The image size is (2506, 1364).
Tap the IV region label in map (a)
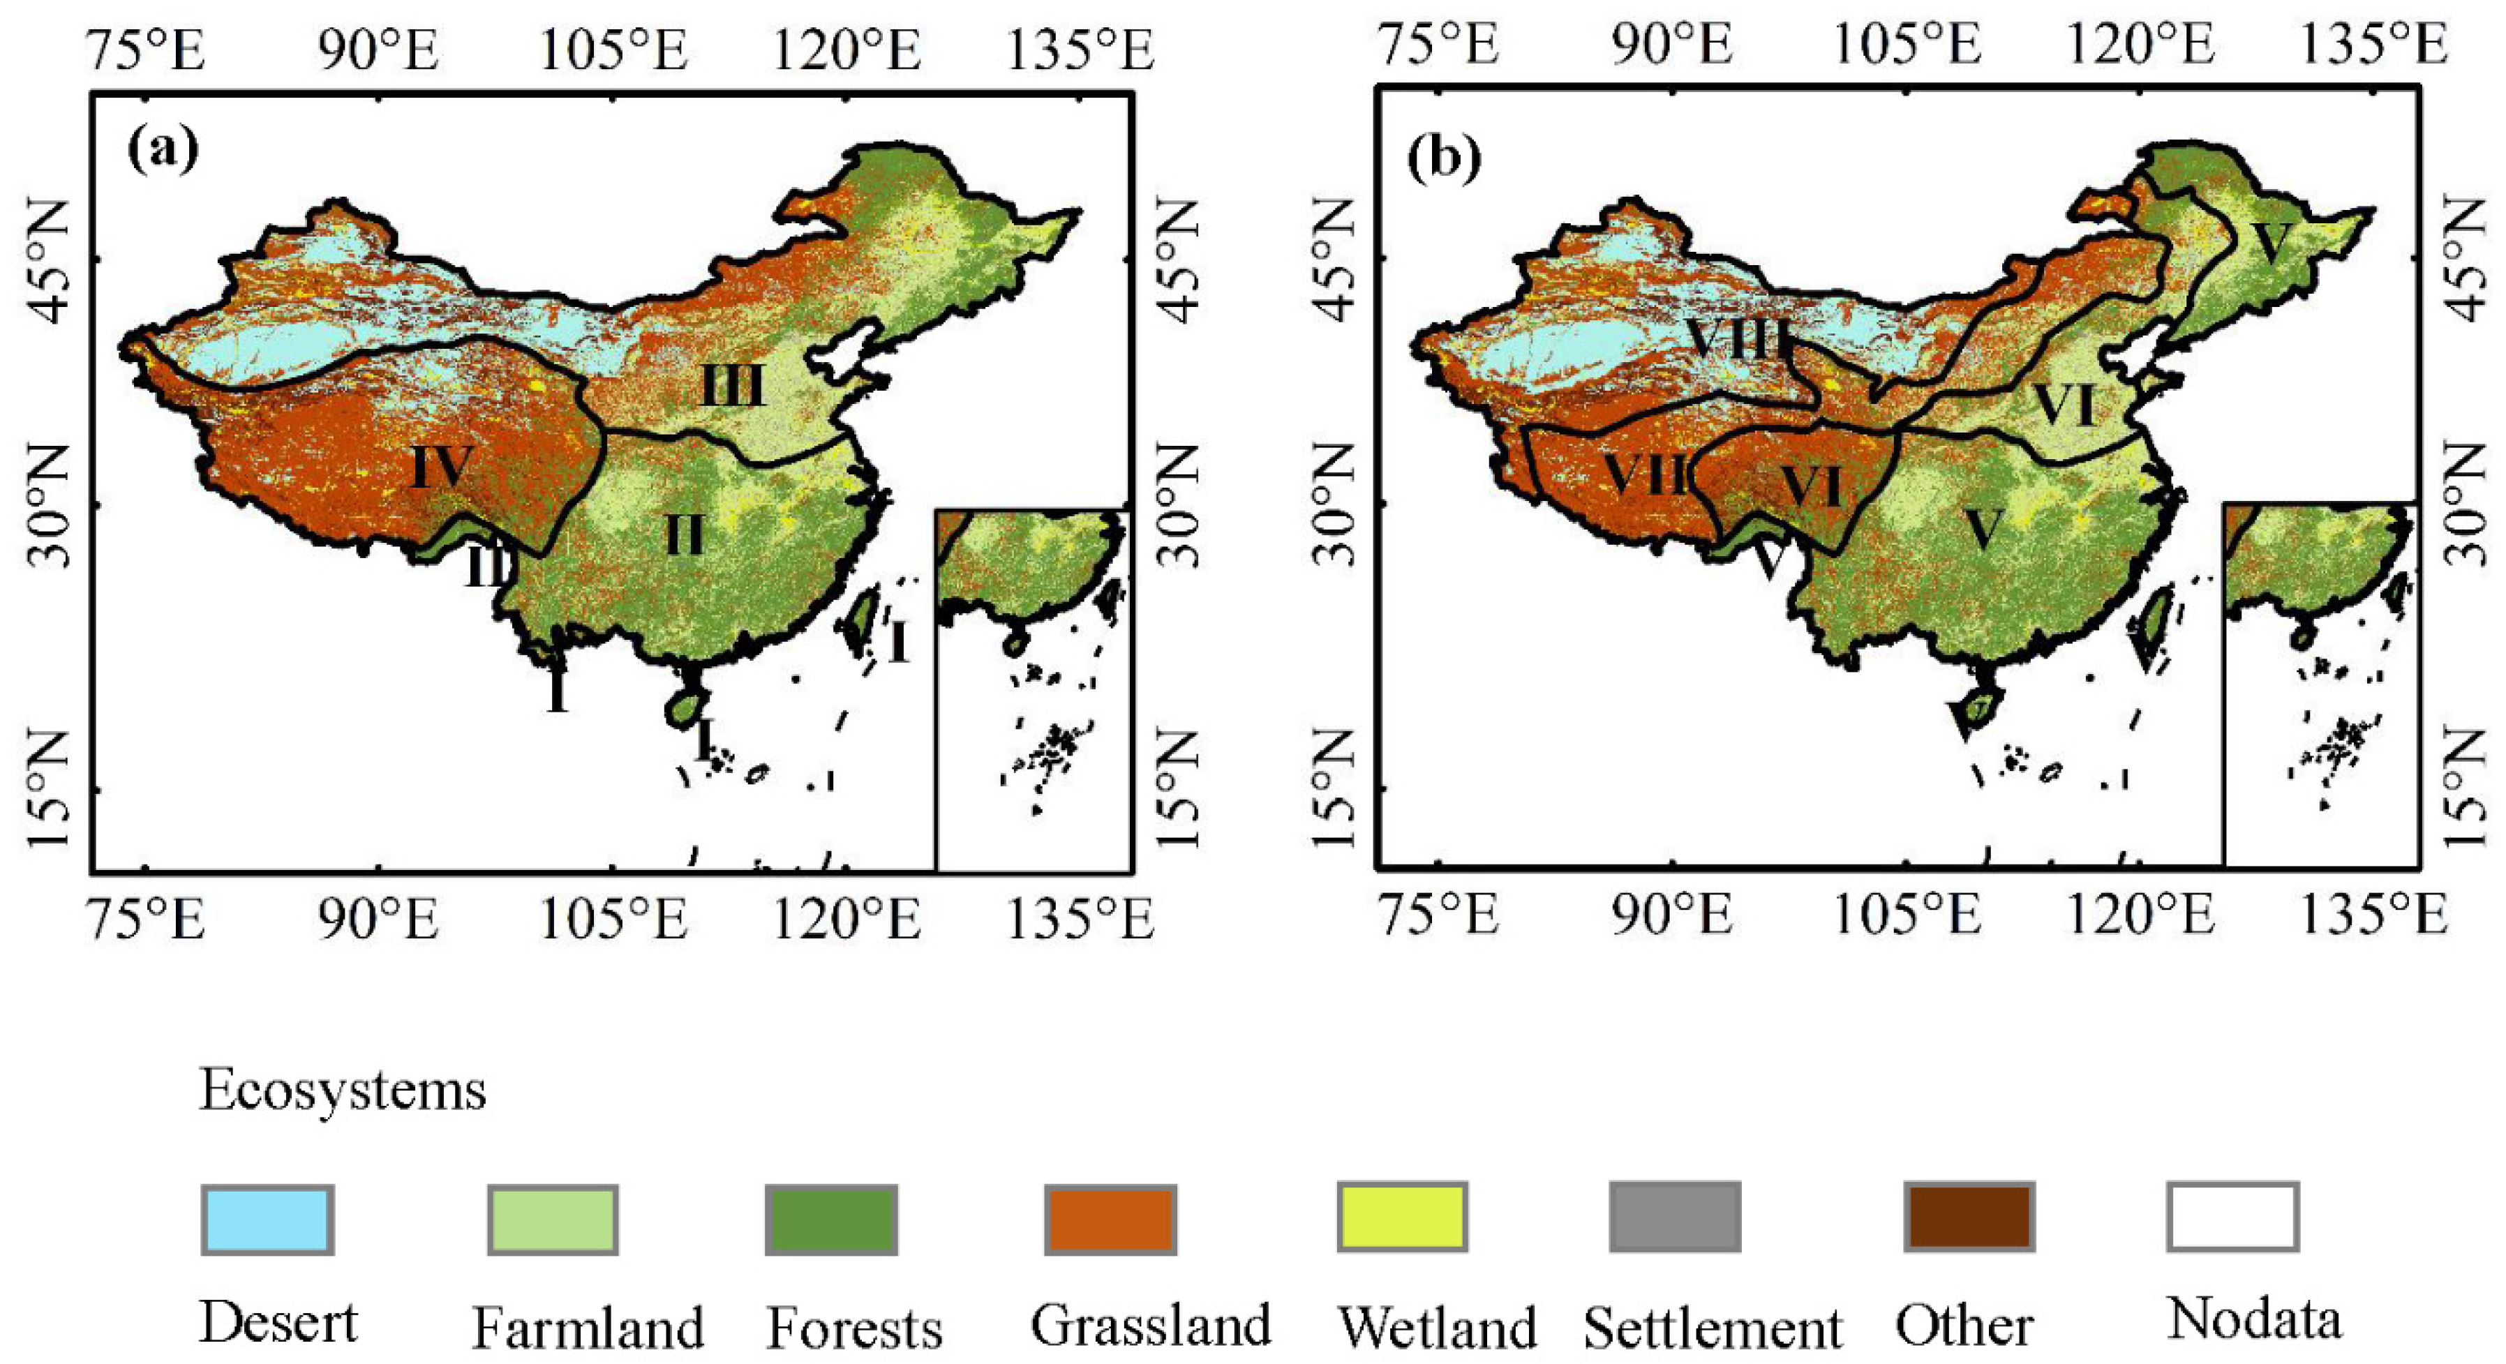(442, 467)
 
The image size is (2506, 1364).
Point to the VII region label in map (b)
(1644, 477)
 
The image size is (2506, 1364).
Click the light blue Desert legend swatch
(267, 1219)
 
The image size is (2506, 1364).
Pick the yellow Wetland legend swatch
(1402, 1217)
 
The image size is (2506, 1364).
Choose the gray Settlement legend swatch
(1676, 1217)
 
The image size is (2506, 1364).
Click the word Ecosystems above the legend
(343, 1091)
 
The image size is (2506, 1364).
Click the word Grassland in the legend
(1151, 1325)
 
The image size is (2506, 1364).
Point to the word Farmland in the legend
(588, 1328)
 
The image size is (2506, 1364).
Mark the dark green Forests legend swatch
(830, 1219)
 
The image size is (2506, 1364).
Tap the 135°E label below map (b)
(2373, 917)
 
